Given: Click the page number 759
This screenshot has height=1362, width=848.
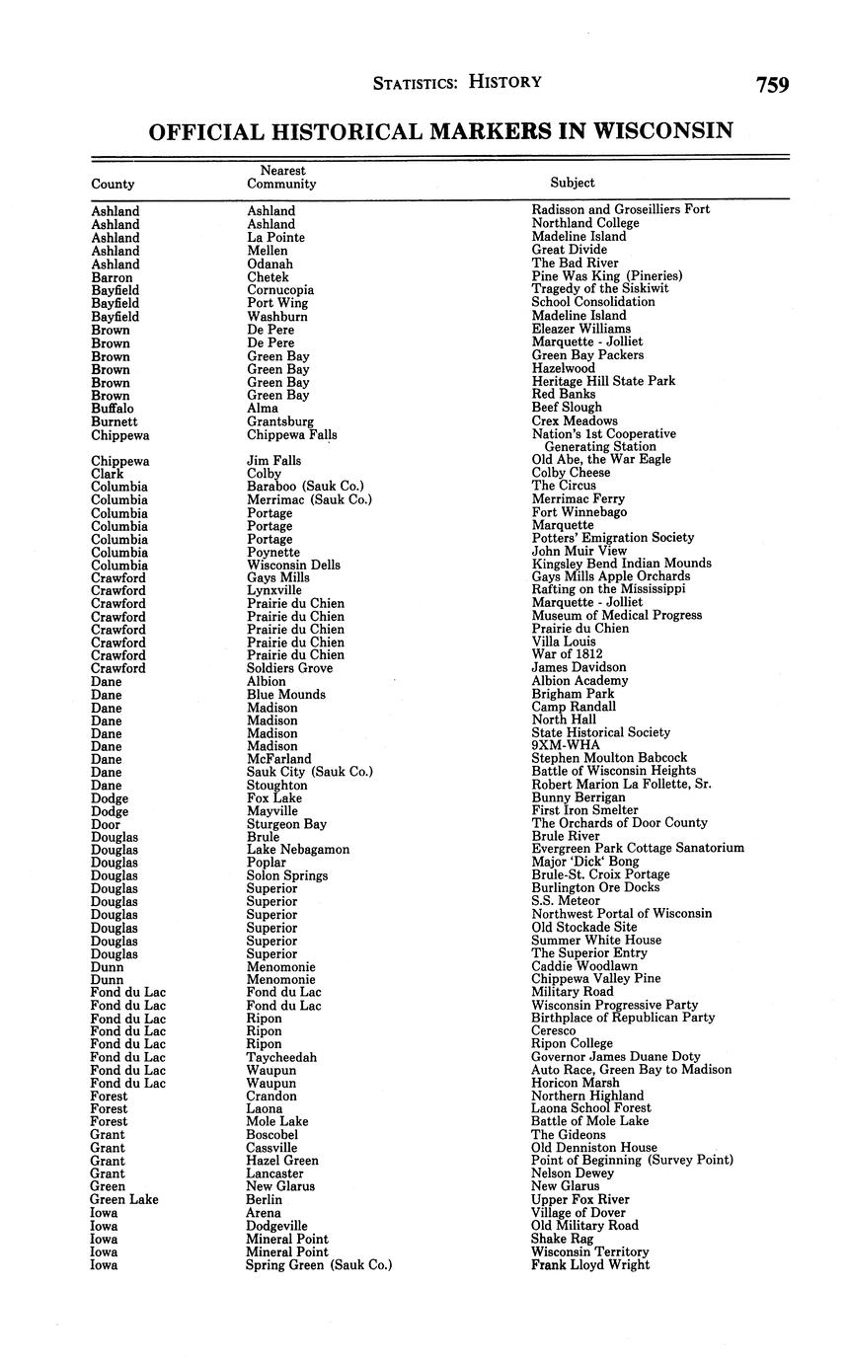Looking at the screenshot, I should point(772,85).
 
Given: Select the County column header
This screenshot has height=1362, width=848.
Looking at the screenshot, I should point(113,184).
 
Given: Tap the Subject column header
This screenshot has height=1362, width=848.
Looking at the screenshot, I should point(573,183).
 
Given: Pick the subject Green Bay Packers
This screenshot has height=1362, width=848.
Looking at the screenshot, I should point(587,355).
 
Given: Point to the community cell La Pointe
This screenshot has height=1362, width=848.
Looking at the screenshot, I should point(275,238).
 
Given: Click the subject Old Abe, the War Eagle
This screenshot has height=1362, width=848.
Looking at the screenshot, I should point(601,460).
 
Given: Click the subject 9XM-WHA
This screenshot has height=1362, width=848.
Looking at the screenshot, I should point(565,746).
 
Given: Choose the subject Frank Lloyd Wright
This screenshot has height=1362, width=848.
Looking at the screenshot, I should point(590,1265).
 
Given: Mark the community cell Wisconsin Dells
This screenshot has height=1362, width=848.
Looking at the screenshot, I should point(293,565).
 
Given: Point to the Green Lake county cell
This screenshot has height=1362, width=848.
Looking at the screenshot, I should point(123,1200).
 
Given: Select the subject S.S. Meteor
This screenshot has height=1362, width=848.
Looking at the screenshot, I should point(566,901).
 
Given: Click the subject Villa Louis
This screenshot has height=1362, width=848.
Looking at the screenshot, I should point(564,642).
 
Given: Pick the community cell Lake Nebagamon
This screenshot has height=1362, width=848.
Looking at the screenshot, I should point(298,850).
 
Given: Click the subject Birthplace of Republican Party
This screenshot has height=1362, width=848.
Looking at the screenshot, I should point(623,1018).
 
